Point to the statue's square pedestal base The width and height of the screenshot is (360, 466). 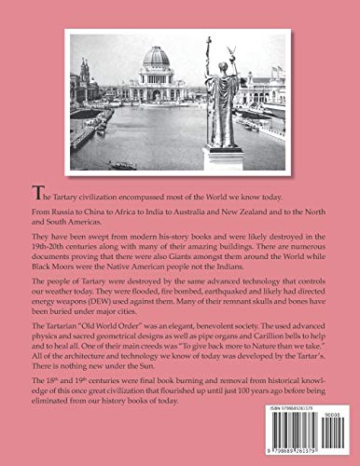(225, 157)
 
